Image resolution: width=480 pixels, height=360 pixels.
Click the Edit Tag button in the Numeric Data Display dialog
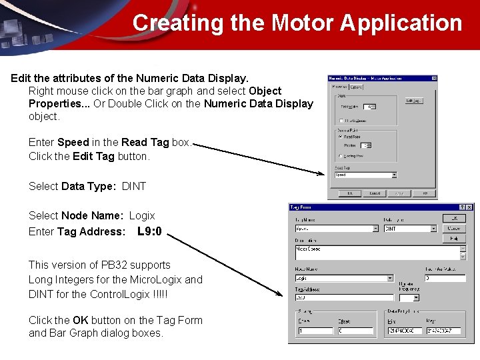[413, 101]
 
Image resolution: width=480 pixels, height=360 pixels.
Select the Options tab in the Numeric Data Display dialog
[356, 86]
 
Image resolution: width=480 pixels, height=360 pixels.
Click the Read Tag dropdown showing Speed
[365, 175]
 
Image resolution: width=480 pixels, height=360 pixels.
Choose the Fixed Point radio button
[341, 137]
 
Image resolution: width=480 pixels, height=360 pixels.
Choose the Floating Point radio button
[341, 156]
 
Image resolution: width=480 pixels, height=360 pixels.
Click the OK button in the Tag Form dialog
[454, 218]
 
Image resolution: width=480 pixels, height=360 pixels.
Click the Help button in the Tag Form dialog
[454, 238]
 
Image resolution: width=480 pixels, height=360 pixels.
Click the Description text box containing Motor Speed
[377, 253]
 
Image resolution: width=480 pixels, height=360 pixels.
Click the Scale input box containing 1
[315, 330]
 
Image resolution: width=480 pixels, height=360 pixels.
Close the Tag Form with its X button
[469, 208]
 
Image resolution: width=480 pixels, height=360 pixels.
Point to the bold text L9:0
[149, 233]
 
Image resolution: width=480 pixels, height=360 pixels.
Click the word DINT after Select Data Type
[134, 186]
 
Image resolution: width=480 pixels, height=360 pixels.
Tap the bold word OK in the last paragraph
[80, 320]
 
